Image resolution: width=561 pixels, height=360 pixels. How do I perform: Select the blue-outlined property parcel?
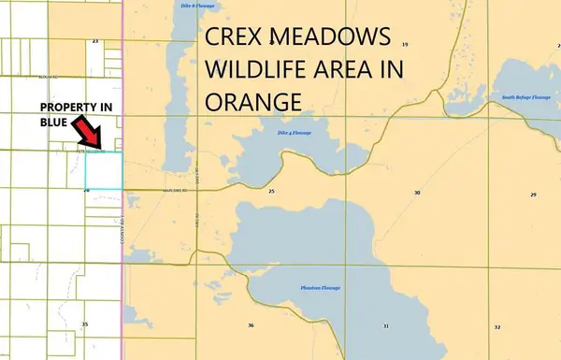pos(105,170)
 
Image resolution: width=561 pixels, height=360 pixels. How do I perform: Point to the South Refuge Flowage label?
pos(520,97)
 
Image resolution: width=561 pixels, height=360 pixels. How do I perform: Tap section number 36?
pos(251,324)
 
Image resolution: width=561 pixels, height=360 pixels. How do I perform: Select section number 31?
pos(385,324)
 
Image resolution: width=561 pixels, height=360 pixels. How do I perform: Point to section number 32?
pos(497,326)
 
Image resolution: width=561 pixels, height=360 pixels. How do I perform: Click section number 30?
pos(417,192)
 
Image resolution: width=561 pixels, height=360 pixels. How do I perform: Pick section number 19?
pos(405,44)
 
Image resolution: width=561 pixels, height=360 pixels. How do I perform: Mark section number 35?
pos(85,324)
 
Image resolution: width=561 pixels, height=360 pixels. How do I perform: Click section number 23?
pos(95,41)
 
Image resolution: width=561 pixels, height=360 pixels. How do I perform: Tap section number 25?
pos(271,191)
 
